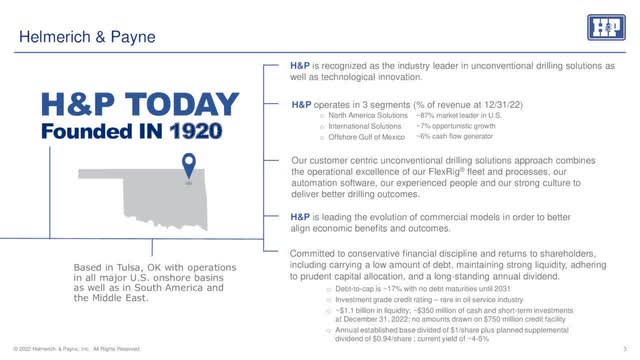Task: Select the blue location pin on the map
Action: point(187,167)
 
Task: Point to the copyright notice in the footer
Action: point(70,349)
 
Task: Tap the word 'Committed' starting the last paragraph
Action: point(313,254)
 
